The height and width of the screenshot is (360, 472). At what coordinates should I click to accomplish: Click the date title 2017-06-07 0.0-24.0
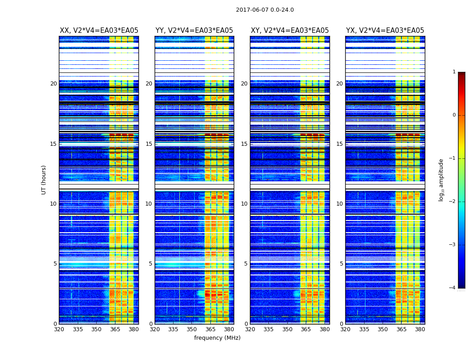(x=265, y=10)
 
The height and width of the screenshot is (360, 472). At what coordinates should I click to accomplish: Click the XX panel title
(x=99, y=31)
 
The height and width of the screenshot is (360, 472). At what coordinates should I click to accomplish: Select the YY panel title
(x=194, y=31)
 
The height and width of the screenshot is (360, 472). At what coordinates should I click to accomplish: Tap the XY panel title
(x=289, y=31)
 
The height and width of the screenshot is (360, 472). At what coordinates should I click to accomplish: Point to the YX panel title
(x=385, y=31)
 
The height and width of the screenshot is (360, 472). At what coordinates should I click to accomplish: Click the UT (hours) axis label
(x=44, y=180)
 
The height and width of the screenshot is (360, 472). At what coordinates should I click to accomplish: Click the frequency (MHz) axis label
(x=217, y=338)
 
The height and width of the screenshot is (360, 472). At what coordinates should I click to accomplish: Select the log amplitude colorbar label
(x=441, y=180)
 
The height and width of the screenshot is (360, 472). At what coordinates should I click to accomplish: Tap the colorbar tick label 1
(x=454, y=72)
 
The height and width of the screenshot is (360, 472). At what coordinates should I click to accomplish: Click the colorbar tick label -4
(x=453, y=288)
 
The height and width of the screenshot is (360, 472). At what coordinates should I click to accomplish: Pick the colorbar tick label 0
(x=454, y=115)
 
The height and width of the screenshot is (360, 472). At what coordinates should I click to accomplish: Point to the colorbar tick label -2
(x=453, y=202)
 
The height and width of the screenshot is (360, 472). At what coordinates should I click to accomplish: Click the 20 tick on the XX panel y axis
(x=53, y=84)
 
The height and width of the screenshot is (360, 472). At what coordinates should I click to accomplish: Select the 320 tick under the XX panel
(x=59, y=329)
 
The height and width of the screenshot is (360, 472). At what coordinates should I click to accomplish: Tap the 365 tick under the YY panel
(x=210, y=329)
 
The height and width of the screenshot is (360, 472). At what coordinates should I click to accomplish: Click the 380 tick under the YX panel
(x=420, y=329)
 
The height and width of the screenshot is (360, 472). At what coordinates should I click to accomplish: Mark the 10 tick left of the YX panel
(x=339, y=204)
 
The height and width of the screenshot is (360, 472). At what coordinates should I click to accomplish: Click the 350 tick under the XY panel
(x=287, y=329)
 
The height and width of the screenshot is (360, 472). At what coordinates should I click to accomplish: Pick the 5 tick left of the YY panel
(x=151, y=264)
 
